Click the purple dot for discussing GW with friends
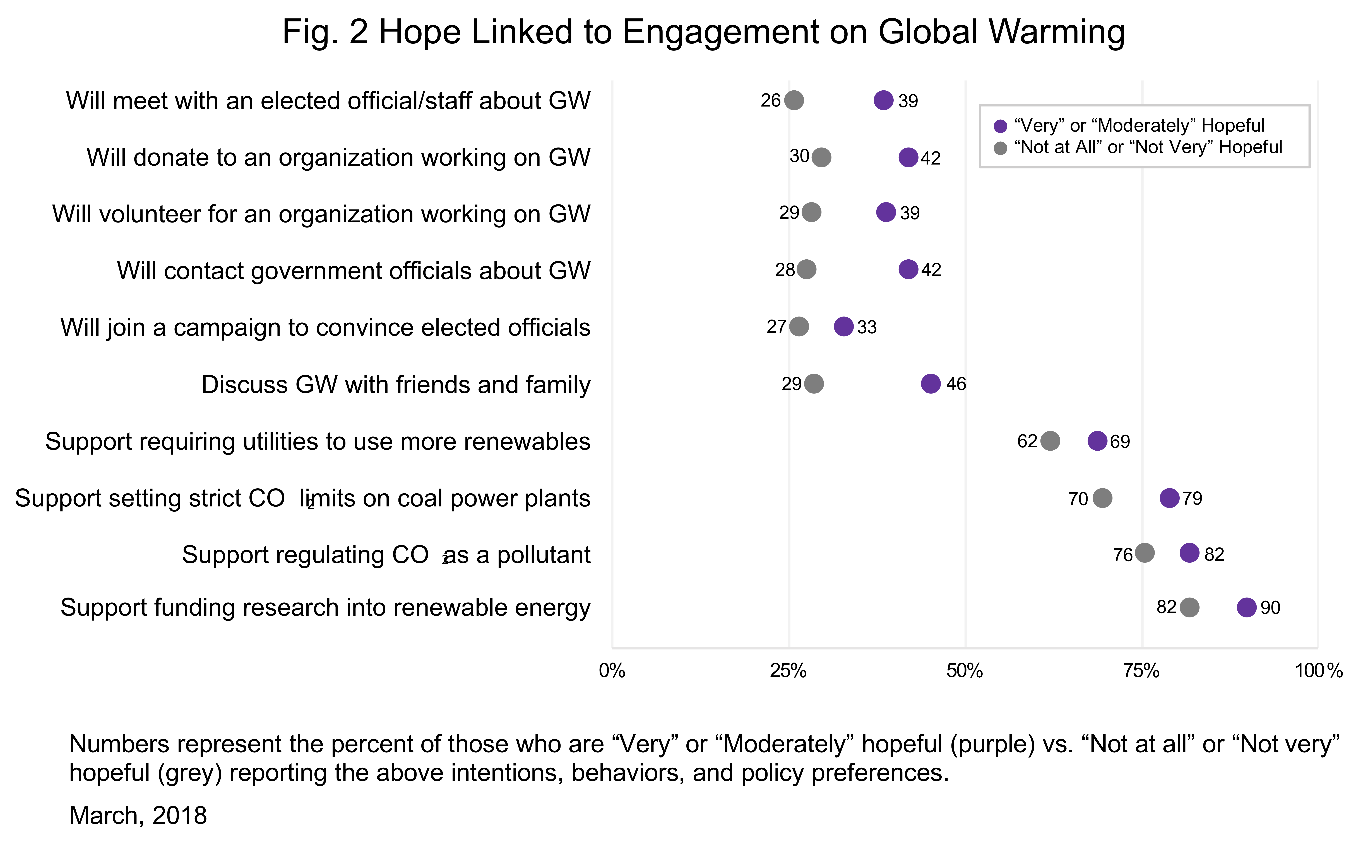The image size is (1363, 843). (930, 384)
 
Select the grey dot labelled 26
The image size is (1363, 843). (794, 100)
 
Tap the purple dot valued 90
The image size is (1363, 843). (1246, 607)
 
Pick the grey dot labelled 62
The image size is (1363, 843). (1050, 441)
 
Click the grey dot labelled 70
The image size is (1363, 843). (1102, 498)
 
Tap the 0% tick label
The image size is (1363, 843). (612, 671)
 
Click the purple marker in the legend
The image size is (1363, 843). (1001, 126)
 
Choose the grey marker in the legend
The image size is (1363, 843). (1001, 148)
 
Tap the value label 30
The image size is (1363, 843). (799, 156)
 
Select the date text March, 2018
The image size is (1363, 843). (138, 815)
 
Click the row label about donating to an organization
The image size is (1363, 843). (338, 157)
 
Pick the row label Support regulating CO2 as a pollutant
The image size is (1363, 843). (386, 555)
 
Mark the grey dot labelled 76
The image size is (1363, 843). (1144, 553)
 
